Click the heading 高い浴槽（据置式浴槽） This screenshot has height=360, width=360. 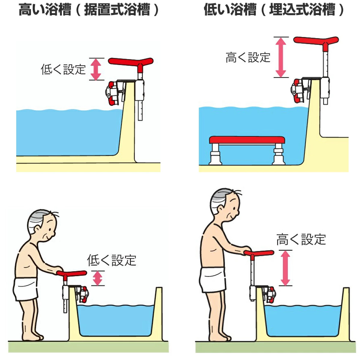pyautogui.click(x=89, y=9)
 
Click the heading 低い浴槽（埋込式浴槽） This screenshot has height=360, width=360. pyautogui.click(x=274, y=9)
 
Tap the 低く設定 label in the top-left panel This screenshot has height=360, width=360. pyautogui.click(x=63, y=69)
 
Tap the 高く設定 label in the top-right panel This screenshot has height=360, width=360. pyautogui.click(x=248, y=57)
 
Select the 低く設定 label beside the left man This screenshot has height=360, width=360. pyautogui.click(x=112, y=260)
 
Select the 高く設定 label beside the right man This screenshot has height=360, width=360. pyautogui.click(x=301, y=239)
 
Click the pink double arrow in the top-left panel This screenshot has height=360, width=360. pyautogui.click(x=96, y=69)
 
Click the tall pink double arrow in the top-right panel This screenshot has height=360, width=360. pyautogui.click(x=281, y=57)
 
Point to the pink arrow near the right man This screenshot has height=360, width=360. pyautogui.click(x=285, y=268)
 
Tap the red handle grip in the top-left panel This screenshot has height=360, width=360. pyautogui.click(x=131, y=62)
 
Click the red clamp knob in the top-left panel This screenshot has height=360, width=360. pyautogui.click(x=112, y=93)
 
